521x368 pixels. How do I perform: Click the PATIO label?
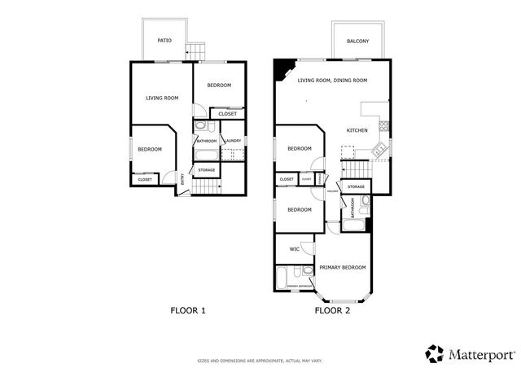[164, 40]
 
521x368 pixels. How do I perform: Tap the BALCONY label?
[357, 42]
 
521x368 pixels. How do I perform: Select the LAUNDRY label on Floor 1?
[232, 141]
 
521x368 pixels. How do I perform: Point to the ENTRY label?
[182, 178]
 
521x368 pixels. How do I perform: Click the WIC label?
[293, 248]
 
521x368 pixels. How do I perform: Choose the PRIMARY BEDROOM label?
[342, 267]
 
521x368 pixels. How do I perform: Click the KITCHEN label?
[357, 130]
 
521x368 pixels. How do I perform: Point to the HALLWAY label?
[333, 192]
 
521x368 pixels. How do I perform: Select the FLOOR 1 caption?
[188, 310]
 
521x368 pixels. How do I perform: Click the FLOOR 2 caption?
[332, 310]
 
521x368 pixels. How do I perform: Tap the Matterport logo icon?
[435, 353]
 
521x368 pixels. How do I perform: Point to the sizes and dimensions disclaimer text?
[260, 361]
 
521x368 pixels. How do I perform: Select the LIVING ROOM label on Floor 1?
[162, 99]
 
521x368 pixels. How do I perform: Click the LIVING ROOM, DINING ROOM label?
[332, 81]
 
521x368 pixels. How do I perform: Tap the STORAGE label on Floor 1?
[207, 170]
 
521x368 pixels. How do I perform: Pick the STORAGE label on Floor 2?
[357, 187]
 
